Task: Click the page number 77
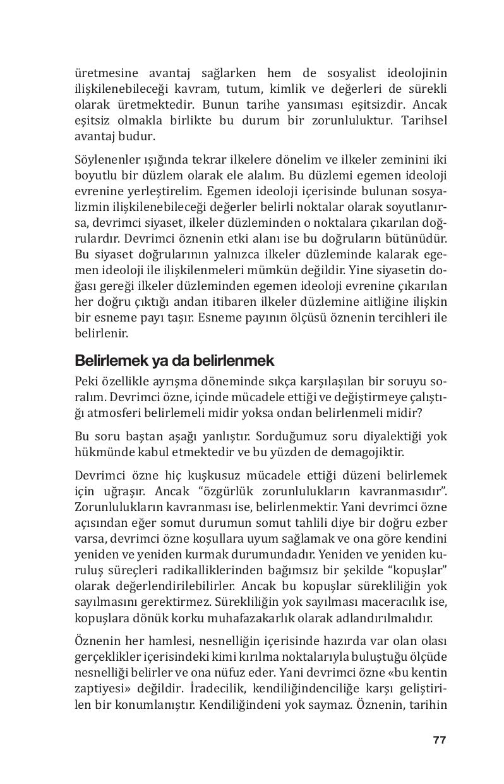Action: [x=440, y=740]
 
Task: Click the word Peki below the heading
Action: [x=87, y=382]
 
